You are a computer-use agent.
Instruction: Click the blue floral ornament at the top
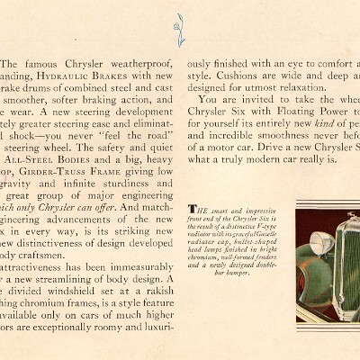click(x=180, y=28)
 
